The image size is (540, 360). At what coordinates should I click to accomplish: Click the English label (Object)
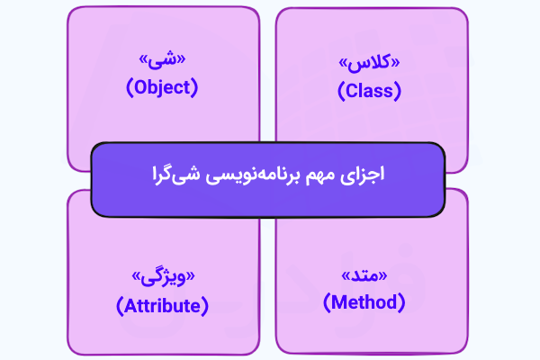coord(161,88)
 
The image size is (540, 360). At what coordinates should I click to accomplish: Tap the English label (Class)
coord(369,90)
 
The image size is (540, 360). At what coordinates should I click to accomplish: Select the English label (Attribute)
coord(162,305)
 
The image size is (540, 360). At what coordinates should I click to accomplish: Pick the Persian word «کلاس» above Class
coord(370,66)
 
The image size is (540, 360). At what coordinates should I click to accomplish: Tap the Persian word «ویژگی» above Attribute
coord(163,278)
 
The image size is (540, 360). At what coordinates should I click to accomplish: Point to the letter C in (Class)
coord(352,90)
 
